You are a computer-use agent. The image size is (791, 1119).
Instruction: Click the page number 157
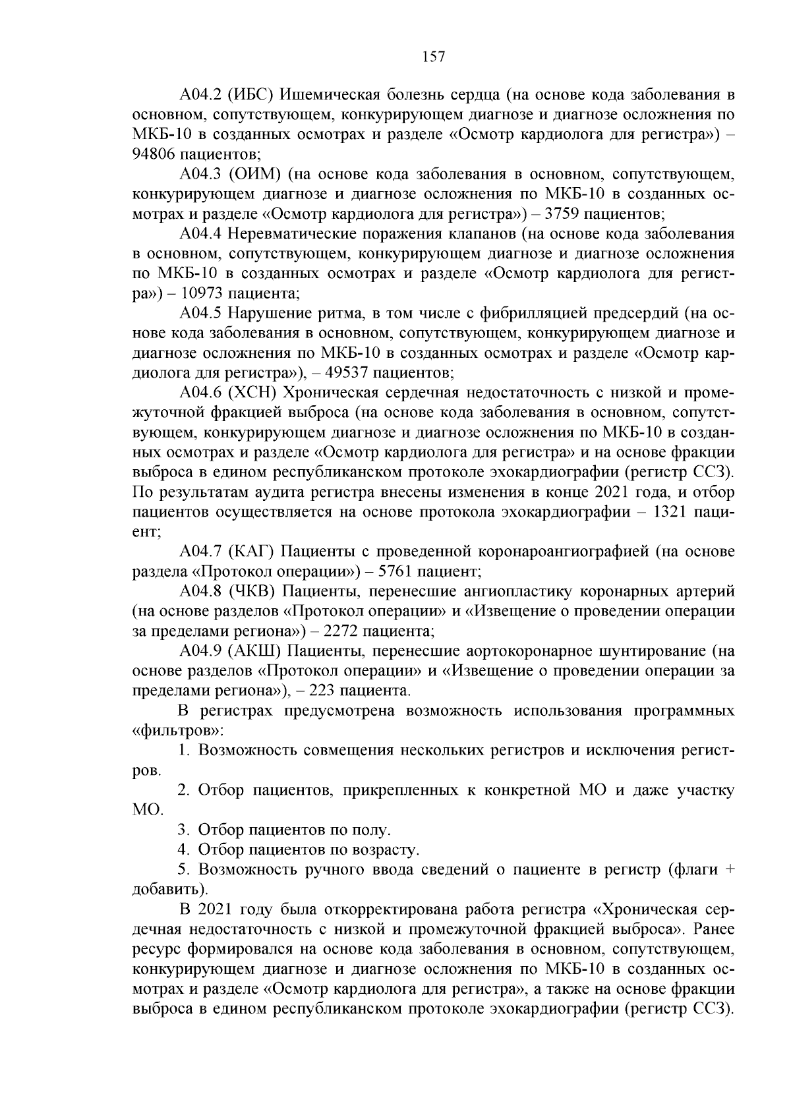click(433, 57)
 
